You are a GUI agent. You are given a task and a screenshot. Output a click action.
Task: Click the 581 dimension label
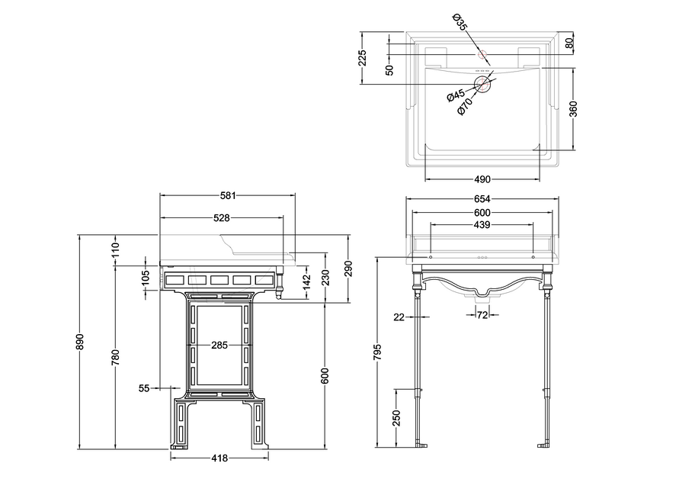pyautogui.click(x=228, y=195)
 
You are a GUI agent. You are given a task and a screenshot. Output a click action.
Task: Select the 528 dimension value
pyautogui.click(x=221, y=218)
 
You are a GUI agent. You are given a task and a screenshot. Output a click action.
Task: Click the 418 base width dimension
pyautogui.click(x=219, y=458)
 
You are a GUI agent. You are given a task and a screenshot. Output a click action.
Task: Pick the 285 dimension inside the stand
pyautogui.click(x=219, y=346)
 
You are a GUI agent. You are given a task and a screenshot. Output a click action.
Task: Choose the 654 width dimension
pyautogui.click(x=482, y=198)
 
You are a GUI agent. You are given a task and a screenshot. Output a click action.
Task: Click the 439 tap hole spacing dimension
pyautogui.click(x=482, y=224)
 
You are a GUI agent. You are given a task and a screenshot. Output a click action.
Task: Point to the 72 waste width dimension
pyautogui.click(x=482, y=315)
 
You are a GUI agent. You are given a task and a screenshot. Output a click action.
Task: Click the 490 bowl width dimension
pyautogui.click(x=482, y=179)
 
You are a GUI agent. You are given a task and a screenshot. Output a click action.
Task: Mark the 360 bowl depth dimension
pyautogui.click(x=572, y=109)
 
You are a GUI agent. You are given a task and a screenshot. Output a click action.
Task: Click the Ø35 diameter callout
pyautogui.click(x=460, y=22)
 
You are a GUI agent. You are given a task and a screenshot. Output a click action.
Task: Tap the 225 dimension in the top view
pyautogui.click(x=362, y=58)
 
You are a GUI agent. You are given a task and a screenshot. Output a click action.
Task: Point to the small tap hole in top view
pyautogui.click(x=482, y=55)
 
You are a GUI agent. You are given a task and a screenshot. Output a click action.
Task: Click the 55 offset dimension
pyautogui.click(x=144, y=388)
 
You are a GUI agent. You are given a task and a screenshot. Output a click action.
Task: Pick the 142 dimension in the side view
pyautogui.click(x=306, y=282)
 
